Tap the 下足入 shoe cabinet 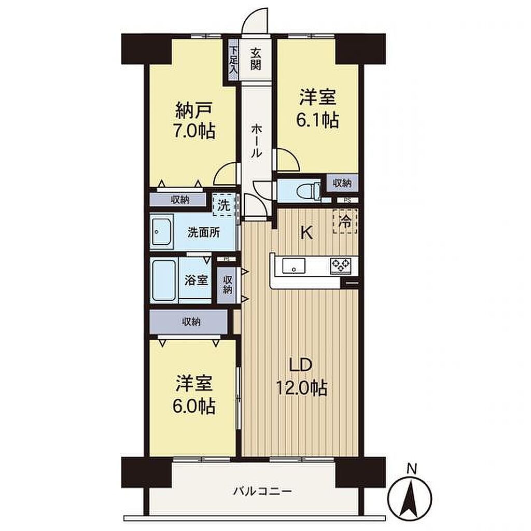tap(233, 60)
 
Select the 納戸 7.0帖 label tap(194, 120)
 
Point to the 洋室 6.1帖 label tap(318, 108)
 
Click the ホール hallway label tap(256, 141)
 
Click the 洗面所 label tap(204, 232)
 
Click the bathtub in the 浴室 tap(164, 280)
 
